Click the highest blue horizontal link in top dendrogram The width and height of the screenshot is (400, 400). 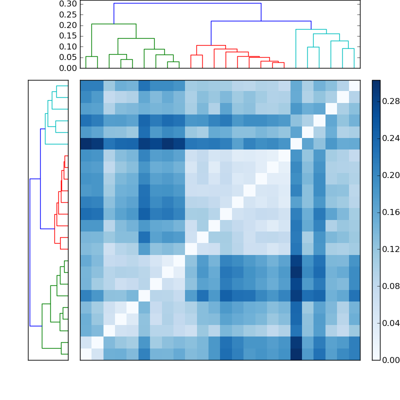[x=187, y=3]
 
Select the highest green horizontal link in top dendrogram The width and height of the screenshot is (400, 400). [x=114, y=24]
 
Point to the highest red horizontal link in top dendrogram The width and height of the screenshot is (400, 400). [x=204, y=45]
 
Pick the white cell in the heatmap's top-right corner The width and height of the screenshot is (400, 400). [x=354, y=85]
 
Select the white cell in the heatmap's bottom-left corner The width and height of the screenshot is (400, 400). [x=86, y=354]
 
